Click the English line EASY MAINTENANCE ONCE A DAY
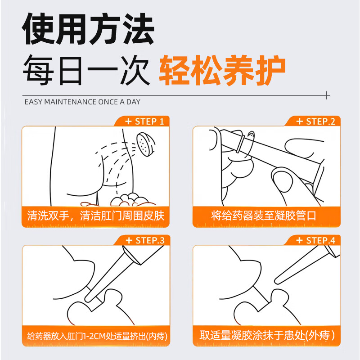point(82,102)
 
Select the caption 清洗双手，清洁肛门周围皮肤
point(93,216)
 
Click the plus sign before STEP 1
point(128,121)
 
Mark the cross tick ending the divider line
point(327,95)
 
